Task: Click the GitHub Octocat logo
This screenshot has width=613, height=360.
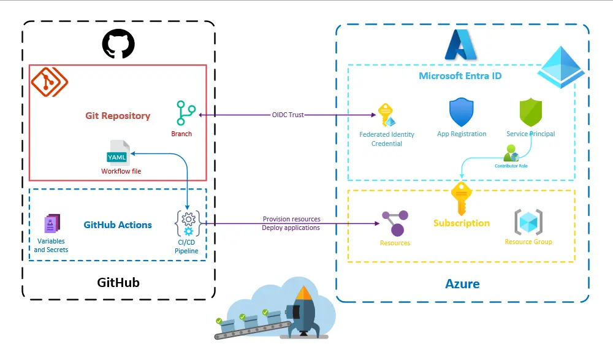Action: click(118, 44)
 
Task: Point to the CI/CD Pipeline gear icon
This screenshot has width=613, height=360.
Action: click(188, 223)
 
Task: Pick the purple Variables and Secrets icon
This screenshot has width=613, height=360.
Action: click(52, 224)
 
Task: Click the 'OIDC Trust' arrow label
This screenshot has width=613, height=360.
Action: click(288, 115)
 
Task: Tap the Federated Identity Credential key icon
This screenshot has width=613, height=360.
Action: click(387, 115)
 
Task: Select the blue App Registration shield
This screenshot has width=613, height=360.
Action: click(462, 113)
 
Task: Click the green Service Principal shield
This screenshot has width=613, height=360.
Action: click(531, 113)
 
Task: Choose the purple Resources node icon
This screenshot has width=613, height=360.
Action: click(394, 223)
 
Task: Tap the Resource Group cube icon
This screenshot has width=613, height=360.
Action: click(528, 222)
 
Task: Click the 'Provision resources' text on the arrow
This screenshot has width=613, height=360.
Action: click(291, 219)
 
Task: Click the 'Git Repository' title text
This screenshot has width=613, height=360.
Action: click(117, 115)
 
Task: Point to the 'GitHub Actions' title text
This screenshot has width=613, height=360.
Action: click(118, 225)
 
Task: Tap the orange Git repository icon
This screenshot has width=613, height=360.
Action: click(50, 80)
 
